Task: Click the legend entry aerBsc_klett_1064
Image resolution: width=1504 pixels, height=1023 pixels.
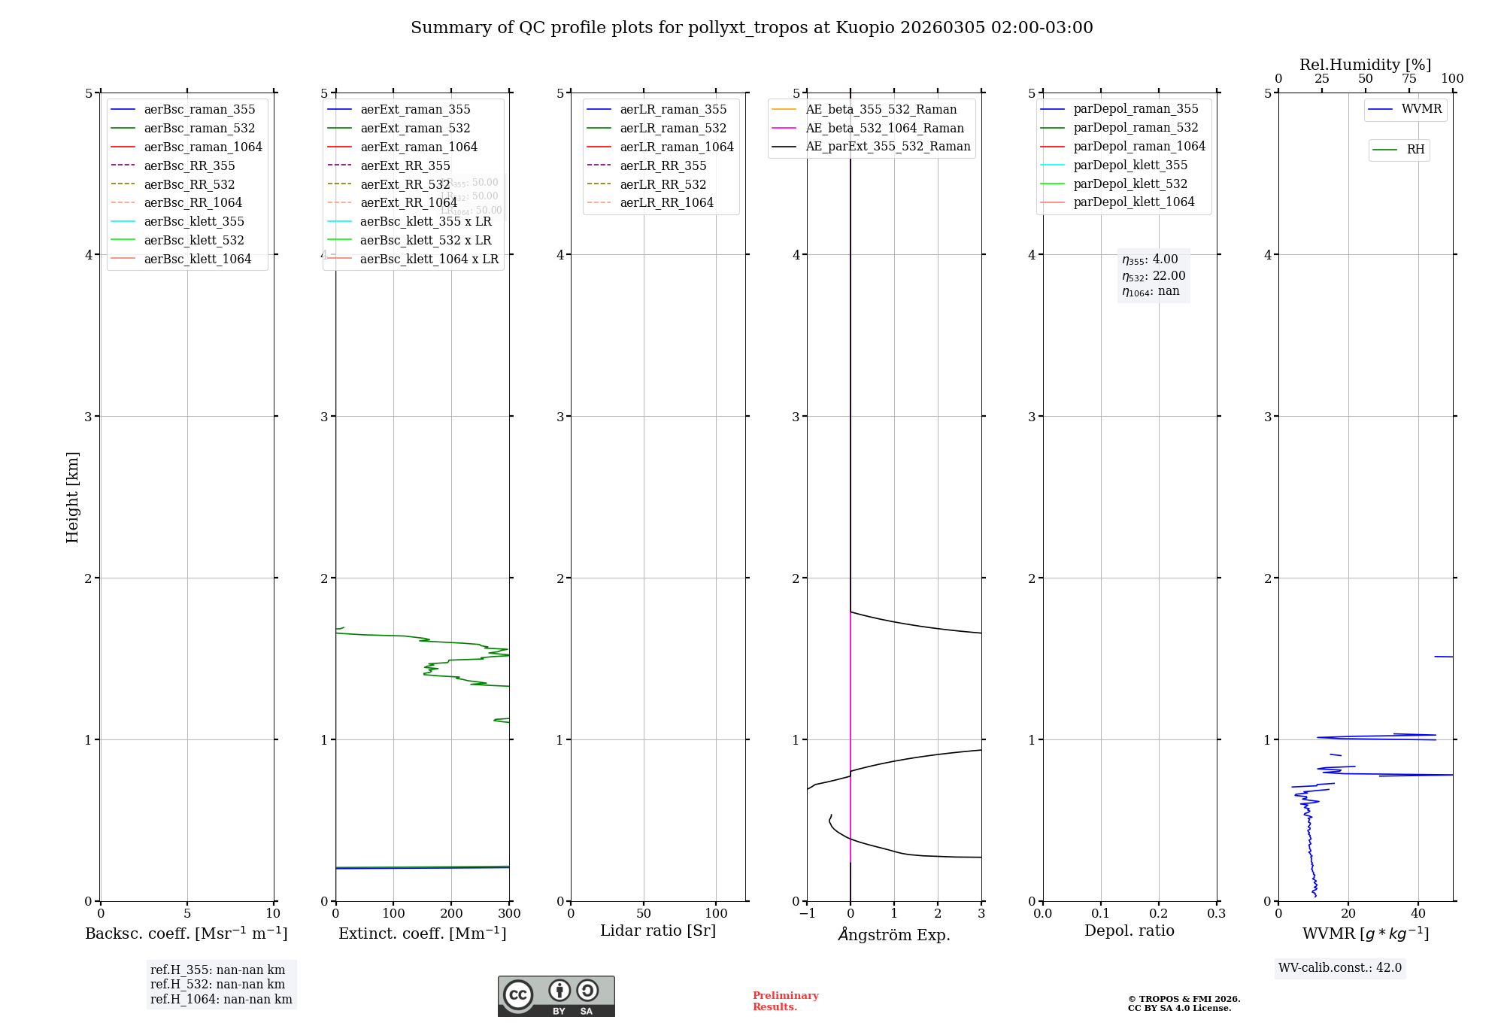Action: [197, 260]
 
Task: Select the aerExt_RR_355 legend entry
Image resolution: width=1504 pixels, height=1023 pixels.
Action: [405, 166]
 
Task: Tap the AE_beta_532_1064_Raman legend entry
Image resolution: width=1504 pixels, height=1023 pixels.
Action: [884, 129]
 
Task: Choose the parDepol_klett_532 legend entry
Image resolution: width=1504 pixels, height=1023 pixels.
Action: [1130, 184]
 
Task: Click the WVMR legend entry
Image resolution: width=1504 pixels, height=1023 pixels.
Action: [1421, 109]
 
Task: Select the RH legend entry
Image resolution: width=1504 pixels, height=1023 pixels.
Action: [1415, 150]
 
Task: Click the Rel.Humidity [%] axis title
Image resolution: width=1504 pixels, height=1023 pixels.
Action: [1365, 65]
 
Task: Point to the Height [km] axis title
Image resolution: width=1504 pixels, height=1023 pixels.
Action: [72, 496]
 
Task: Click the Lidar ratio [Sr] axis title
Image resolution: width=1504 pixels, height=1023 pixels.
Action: [658, 930]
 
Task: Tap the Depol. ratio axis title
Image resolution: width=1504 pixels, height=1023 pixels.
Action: [1129, 930]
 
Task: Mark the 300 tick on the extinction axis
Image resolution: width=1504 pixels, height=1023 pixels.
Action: [509, 914]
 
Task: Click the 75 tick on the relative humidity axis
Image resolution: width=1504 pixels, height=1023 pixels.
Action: [1408, 79]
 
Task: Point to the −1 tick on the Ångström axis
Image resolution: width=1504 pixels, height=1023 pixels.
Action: [807, 914]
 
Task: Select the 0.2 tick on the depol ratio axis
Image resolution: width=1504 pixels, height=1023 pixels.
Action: [1158, 914]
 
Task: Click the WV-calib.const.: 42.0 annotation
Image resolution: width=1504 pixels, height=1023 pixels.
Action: [1339, 968]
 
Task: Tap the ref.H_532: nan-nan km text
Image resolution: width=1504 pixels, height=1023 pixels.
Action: [217, 985]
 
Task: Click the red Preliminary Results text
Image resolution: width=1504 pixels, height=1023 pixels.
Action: [785, 1001]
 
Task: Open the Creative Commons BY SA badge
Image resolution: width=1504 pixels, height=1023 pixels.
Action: [556, 996]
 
